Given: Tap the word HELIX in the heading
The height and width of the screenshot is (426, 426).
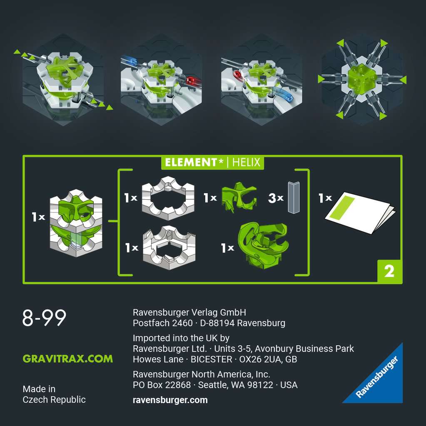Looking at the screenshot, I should click(x=247, y=162).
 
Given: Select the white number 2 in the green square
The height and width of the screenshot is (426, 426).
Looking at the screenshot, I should click(x=389, y=271).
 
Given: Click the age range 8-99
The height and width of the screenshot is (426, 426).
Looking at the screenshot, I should click(x=44, y=318).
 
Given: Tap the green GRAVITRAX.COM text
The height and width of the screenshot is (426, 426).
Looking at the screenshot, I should click(x=67, y=359).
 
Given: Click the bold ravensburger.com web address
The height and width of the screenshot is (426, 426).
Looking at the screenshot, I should click(x=170, y=400).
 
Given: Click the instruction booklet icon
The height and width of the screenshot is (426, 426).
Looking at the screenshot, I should click(x=359, y=212).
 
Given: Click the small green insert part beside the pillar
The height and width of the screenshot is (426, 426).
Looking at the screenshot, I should click(x=239, y=197).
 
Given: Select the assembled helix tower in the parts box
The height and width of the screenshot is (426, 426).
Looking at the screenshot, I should click(x=76, y=223).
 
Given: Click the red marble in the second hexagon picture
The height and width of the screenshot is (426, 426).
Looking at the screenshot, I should click(x=191, y=80).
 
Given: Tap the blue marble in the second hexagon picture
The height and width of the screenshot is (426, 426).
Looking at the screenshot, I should click(x=133, y=62).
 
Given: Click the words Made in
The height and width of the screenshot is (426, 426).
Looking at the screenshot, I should click(x=39, y=389).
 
